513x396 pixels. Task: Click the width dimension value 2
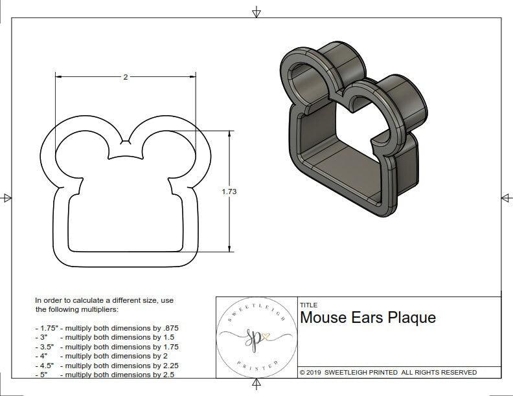tap(126, 76)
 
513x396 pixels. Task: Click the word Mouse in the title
tap(323, 318)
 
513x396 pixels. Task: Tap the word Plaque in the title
tap(411, 318)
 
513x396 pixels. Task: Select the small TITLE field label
tap(308, 305)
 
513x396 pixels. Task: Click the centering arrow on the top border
tap(256, 12)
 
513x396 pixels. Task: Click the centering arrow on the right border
tap(506, 197)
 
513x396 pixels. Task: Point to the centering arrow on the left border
tap(6, 197)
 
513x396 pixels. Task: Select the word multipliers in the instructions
tap(97, 309)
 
